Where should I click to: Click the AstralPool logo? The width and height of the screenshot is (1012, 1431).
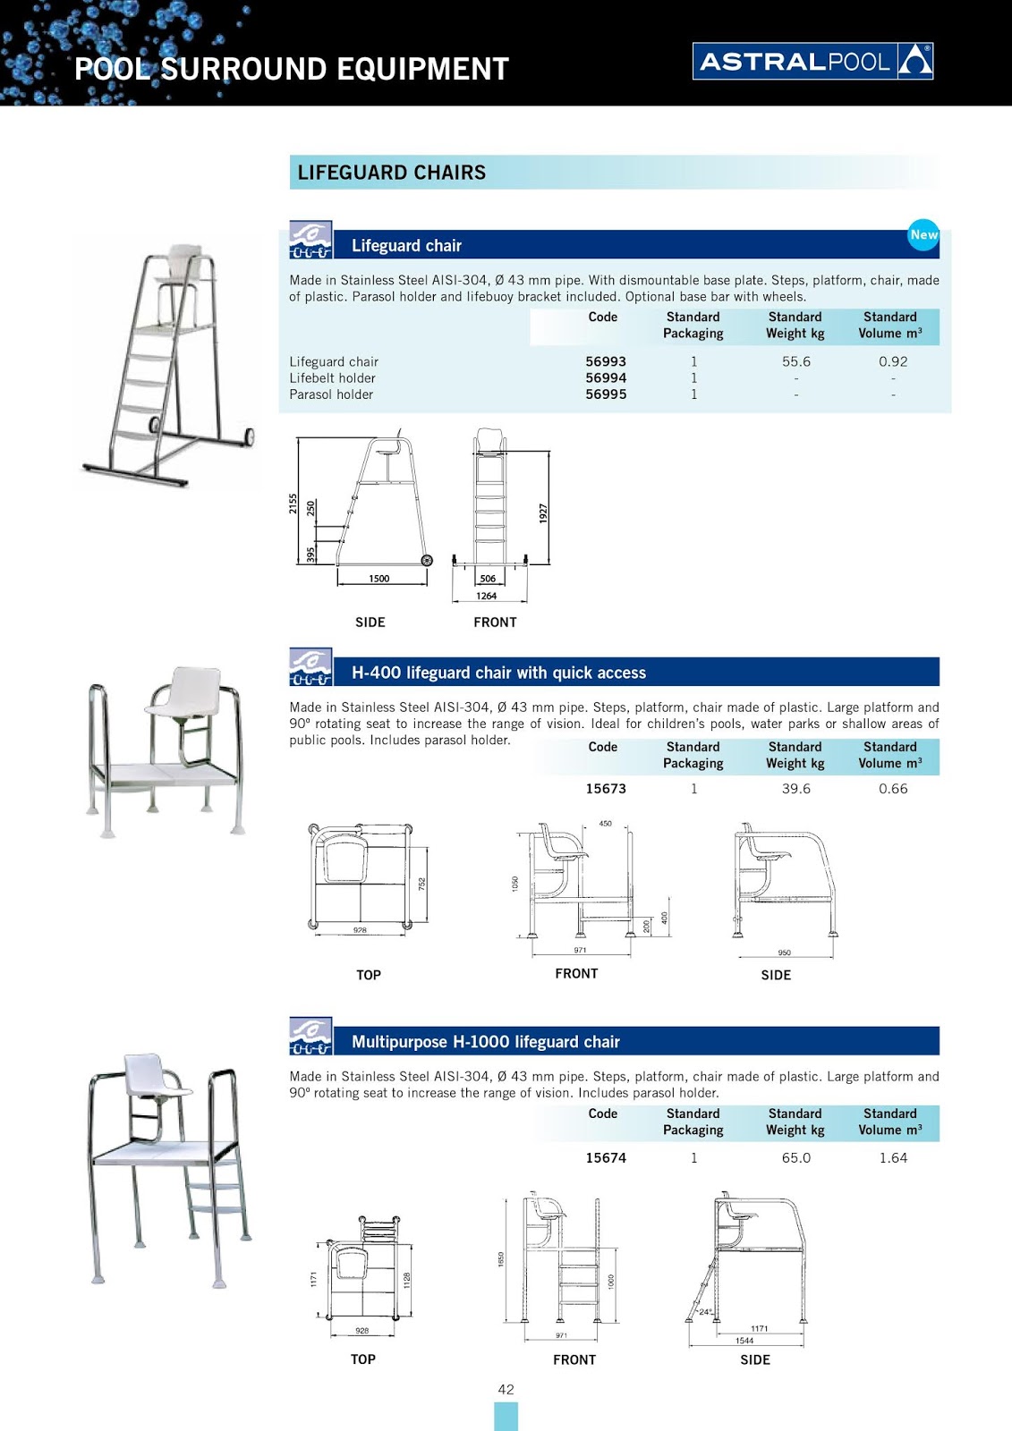click(812, 61)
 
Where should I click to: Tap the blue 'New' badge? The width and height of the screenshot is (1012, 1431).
click(923, 235)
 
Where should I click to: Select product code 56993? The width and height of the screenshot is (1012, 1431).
click(606, 361)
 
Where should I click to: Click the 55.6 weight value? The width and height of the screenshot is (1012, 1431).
click(795, 361)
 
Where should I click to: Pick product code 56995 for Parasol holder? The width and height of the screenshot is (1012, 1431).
click(606, 394)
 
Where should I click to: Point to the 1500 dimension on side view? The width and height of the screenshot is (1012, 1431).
click(379, 579)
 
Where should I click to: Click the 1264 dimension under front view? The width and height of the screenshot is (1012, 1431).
click(486, 596)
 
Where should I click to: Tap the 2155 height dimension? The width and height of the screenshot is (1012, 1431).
click(293, 504)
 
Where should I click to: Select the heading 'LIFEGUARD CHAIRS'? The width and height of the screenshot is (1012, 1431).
click(392, 173)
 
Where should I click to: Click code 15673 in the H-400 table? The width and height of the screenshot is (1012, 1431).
click(606, 789)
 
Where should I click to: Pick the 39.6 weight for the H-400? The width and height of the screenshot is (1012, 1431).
click(795, 789)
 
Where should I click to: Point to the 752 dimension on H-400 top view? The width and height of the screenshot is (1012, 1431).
click(422, 884)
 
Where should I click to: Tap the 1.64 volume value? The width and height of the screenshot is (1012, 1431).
click(892, 1157)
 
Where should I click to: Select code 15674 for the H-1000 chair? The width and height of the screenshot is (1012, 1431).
click(606, 1157)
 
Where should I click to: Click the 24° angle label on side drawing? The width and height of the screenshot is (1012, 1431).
click(705, 1313)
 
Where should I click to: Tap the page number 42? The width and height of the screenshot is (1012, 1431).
click(506, 1389)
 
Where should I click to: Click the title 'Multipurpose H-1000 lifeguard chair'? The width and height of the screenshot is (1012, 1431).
click(485, 1042)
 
